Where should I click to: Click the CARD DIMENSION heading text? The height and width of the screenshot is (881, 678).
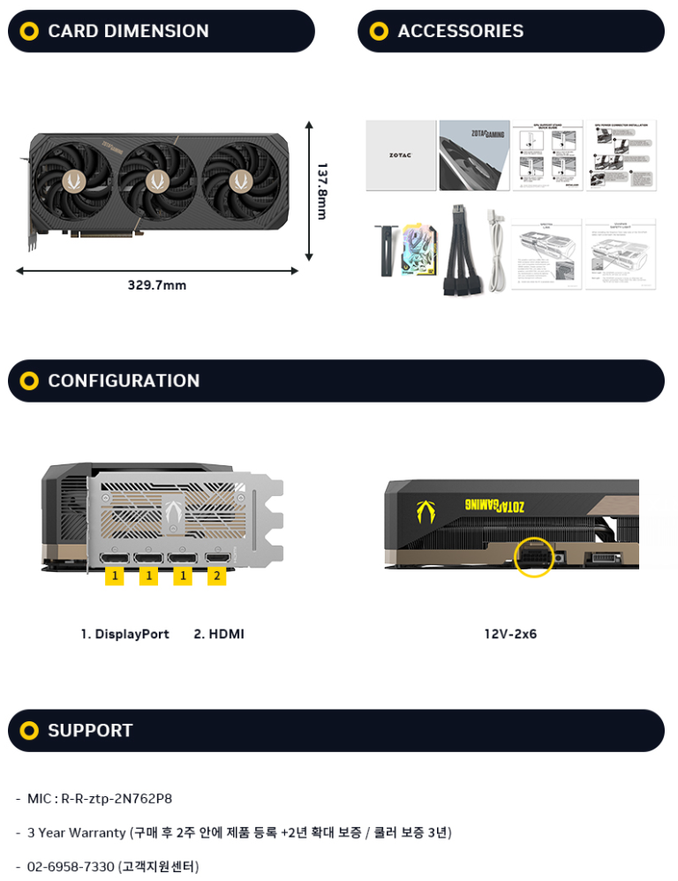tap(128, 31)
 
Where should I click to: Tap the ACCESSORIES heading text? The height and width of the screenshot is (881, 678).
tap(460, 31)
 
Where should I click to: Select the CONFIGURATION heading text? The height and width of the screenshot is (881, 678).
tap(124, 380)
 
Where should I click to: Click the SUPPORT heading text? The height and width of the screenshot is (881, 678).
tap(90, 730)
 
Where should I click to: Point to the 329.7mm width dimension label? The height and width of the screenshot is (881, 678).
tap(157, 285)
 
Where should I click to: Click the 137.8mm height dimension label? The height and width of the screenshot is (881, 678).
tap(322, 191)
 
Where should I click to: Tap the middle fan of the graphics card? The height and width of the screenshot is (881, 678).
tap(159, 181)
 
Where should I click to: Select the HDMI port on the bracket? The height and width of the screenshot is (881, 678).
tap(217, 558)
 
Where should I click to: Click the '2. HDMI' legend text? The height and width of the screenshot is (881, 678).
tap(219, 634)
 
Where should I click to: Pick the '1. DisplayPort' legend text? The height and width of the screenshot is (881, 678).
tap(124, 634)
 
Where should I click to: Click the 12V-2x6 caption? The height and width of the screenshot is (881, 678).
tap(510, 634)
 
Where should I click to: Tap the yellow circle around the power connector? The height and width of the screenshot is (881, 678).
tap(532, 556)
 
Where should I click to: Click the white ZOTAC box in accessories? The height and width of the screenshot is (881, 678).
tap(401, 155)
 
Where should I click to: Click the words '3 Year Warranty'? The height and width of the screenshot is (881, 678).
tap(77, 832)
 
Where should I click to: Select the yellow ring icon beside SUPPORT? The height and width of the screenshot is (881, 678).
tap(29, 730)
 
